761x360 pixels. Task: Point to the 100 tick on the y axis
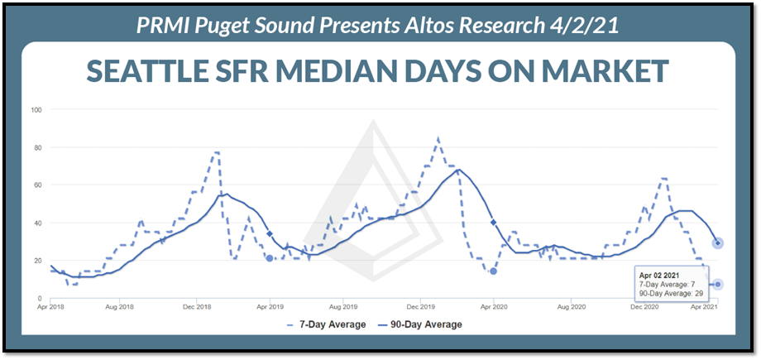tap(36, 110)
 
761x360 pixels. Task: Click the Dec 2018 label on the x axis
tap(195, 307)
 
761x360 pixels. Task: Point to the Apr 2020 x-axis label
tap(494, 307)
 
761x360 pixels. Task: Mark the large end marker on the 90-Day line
tap(719, 242)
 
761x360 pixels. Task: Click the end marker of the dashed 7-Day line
tap(719, 284)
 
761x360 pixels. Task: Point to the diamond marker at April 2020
tap(493, 223)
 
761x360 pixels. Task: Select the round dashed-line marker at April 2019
tap(270, 258)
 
